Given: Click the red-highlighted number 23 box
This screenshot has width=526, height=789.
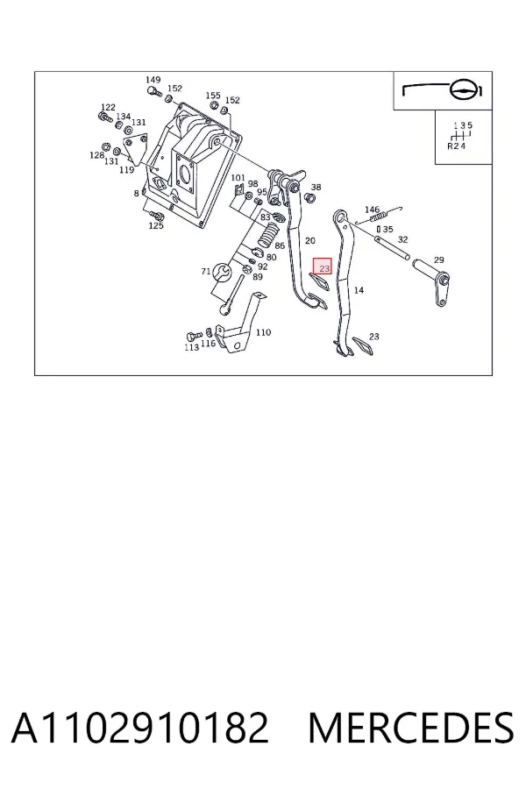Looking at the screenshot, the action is [x=323, y=267].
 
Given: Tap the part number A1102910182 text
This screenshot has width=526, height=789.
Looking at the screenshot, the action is [x=140, y=728].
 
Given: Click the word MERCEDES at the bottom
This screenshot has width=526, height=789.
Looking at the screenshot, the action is [x=411, y=728].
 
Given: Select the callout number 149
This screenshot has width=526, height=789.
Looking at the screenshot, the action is [x=153, y=80].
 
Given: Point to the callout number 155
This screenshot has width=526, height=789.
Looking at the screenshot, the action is [x=213, y=95].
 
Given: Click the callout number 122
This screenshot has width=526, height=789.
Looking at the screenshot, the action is [x=108, y=107].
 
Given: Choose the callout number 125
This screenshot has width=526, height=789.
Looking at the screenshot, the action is [x=156, y=225].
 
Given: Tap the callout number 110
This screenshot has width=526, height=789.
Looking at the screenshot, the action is [x=263, y=332].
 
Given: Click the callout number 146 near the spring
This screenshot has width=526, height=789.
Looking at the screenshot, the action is [x=372, y=210].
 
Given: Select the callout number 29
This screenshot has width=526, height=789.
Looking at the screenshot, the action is [x=439, y=259].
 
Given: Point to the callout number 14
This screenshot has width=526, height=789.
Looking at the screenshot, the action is [x=359, y=290].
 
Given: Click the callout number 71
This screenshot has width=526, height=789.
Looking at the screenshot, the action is [x=205, y=271].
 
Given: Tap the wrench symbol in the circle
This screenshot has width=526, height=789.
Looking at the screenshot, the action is [x=222, y=273].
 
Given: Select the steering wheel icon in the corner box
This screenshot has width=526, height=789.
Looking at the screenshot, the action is [x=461, y=91].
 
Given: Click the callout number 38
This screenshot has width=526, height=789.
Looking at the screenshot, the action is [x=316, y=187].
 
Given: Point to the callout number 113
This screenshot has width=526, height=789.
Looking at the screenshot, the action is [x=191, y=347].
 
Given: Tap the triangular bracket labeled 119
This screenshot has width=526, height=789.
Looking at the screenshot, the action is [x=137, y=148].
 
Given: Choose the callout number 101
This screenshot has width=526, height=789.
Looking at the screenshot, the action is [x=238, y=178].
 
